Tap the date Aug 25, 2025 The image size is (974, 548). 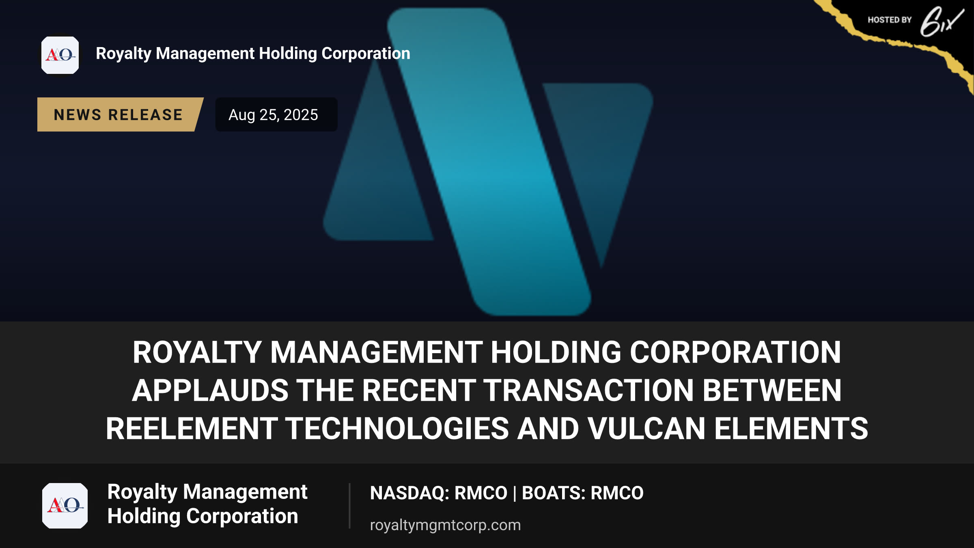273,115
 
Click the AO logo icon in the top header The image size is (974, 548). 60,55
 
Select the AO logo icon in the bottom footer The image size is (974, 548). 65,506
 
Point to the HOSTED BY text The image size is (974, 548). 890,20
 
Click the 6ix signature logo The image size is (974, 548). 942,22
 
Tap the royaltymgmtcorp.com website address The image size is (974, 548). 445,525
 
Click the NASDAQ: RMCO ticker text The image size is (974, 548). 439,493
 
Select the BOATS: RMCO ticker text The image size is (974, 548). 582,493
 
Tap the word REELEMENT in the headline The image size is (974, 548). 192,429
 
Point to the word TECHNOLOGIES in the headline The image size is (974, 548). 397,429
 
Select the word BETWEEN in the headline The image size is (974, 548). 772,391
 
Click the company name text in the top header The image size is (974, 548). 253,54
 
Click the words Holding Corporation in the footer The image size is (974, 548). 203,516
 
